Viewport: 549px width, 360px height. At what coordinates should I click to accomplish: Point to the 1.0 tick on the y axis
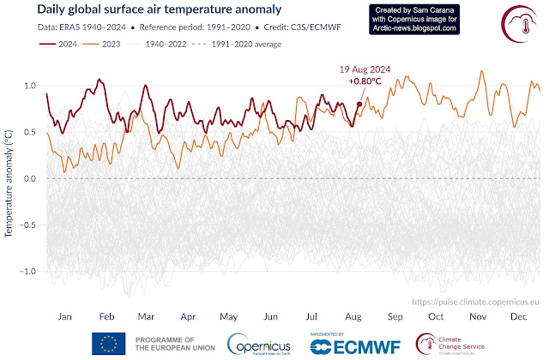(31, 87)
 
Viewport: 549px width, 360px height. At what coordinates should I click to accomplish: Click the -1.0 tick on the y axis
(28, 271)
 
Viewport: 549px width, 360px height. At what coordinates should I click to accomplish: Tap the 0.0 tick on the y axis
(31, 178)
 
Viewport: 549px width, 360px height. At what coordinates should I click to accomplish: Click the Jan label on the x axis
(63, 316)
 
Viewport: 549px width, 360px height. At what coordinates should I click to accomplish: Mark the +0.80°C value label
(365, 81)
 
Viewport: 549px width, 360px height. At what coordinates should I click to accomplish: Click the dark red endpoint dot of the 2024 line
(359, 105)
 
